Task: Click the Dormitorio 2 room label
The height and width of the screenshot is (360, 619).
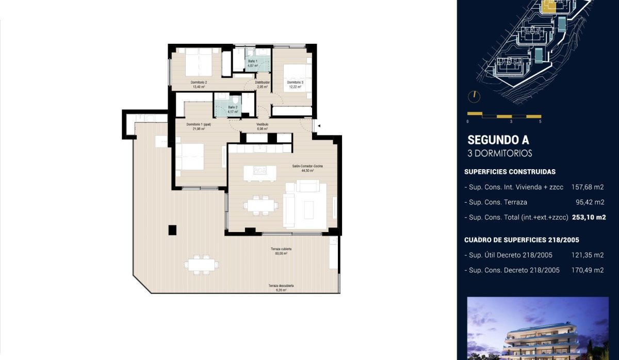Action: point(199,83)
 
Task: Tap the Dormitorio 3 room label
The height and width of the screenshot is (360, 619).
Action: point(295,83)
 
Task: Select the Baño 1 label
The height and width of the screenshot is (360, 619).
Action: point(253,61)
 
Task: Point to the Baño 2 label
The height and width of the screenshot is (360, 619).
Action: point(233,107)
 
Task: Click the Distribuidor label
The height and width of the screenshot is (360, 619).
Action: point(263,82)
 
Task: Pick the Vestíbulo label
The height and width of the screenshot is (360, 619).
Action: point(263,124)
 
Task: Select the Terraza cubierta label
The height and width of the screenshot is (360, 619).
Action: point(279,249)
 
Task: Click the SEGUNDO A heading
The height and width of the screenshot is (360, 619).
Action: point(498,140)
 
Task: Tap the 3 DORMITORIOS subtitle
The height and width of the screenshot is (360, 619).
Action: point(499,153)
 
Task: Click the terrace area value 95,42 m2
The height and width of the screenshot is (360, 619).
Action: point(590,202)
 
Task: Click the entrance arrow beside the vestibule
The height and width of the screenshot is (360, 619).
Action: point(319,125)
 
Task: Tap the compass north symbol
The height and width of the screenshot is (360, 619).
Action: point(473,96)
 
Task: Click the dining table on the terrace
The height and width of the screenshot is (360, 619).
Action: point(202,264)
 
